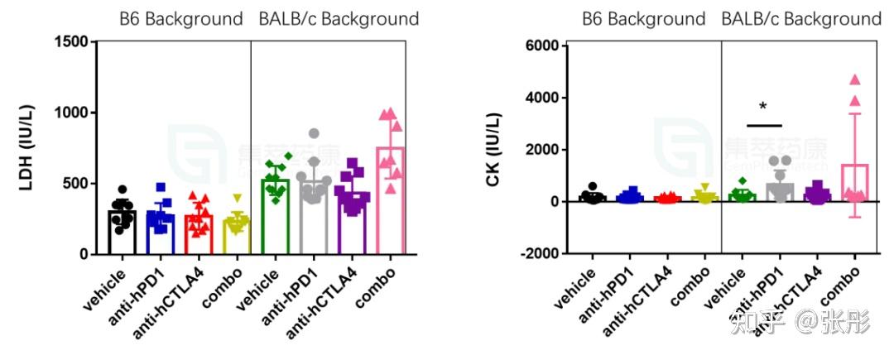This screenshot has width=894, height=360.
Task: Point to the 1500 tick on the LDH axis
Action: pyautogui.click(x=73, y=41)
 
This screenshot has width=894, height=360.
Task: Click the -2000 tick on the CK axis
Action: pyautogui.click(x=536, y=253)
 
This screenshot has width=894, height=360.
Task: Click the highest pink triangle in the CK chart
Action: pyautogui.click(x=855, y=80)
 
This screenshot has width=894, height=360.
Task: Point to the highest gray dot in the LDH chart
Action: pyautogui.click(x=315, y=133)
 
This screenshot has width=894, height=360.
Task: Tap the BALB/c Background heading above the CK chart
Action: pyautogui.click(x=801, y=18)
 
